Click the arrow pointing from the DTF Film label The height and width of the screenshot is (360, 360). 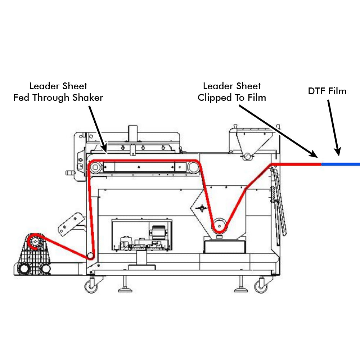(333, 128)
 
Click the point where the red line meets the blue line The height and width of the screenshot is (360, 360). (321, 164)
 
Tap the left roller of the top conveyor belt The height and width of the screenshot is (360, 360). (95, 167)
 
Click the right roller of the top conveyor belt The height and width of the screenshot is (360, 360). (193, 167)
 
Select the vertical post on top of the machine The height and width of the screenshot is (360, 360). (133, 133)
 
